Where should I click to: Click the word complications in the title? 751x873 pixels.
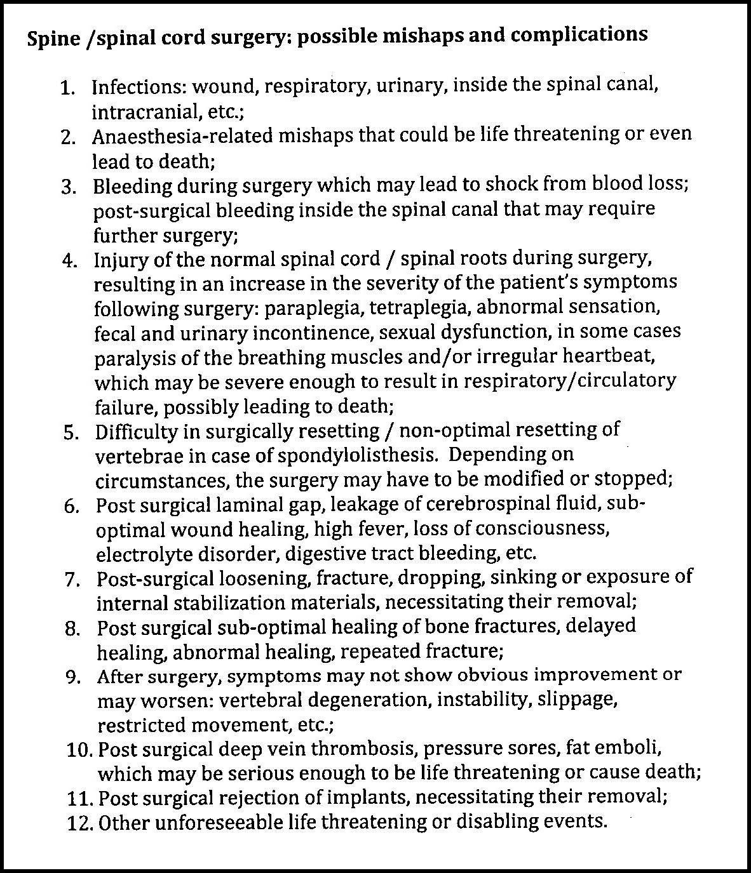579,34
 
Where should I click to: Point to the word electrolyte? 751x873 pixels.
147,554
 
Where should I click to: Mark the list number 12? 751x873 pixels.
81,823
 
